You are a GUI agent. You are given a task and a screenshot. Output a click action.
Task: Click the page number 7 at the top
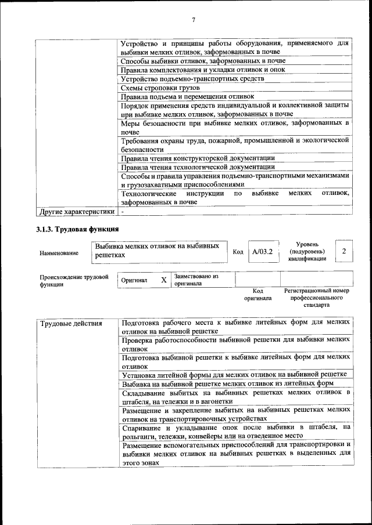(194, 20)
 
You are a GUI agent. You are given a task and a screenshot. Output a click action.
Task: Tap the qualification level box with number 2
(345, 251)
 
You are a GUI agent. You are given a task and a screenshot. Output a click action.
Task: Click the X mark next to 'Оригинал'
(164, 280)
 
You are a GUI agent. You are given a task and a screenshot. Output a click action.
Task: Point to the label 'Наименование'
(59, 253)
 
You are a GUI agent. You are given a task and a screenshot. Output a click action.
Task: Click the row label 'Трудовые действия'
(63, 323)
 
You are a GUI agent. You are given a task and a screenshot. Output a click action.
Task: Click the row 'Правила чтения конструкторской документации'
(198, 158)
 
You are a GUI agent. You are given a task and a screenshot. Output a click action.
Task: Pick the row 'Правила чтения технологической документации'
(198, 167)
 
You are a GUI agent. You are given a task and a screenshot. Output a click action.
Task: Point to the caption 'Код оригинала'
(259, 295)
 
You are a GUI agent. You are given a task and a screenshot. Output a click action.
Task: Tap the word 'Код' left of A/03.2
(238, 252)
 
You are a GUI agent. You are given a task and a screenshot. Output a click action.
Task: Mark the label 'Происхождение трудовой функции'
(74, 281)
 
